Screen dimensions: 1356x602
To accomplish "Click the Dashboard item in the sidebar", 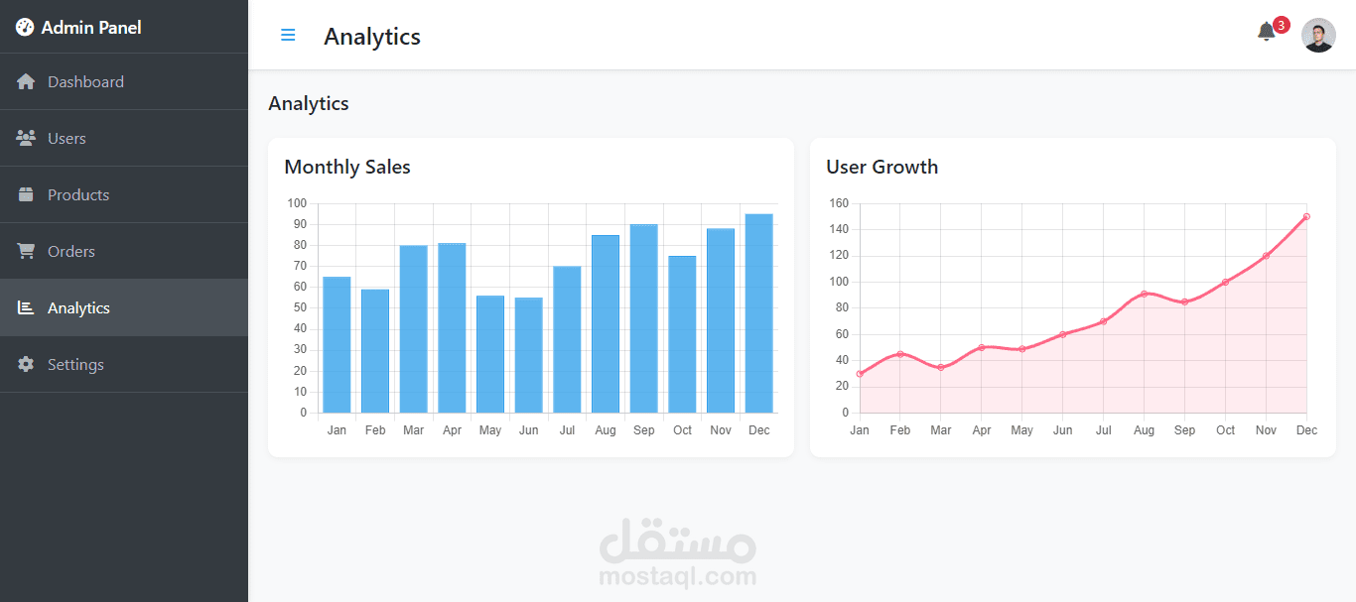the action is click(85, 81).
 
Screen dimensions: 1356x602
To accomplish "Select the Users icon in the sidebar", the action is click(26, 138).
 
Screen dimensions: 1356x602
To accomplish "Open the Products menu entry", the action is click(78, 194).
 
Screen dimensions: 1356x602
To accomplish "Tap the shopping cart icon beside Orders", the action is click(26, 251).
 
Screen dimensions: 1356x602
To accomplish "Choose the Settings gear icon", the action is click(26, 364).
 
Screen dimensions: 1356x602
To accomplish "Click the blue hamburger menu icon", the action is click(288, 35).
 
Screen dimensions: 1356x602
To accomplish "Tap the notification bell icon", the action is click(1266, 32).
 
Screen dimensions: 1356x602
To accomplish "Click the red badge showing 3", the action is click(1281, 26).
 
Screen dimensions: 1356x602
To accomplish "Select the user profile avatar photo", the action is click(1318, 35).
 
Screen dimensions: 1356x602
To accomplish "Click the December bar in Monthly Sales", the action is click(759, 313).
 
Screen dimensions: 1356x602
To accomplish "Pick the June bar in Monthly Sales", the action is click(528, 355).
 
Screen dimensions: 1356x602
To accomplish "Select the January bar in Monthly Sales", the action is click(337, 345).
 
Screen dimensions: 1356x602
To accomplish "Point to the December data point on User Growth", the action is click(1306, 216).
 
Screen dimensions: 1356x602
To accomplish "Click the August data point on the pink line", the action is click(1144, 294).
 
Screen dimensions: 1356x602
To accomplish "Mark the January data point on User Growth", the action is click(860, 374).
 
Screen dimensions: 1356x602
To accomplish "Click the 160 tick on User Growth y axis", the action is click(839, 203).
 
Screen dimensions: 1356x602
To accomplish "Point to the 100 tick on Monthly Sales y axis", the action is click(297, 203).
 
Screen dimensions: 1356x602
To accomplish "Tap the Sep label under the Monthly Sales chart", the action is click(643, 430).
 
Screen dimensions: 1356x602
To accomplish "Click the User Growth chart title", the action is click(882, 167).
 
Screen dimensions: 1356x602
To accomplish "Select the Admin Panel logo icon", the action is click(25, 27).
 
